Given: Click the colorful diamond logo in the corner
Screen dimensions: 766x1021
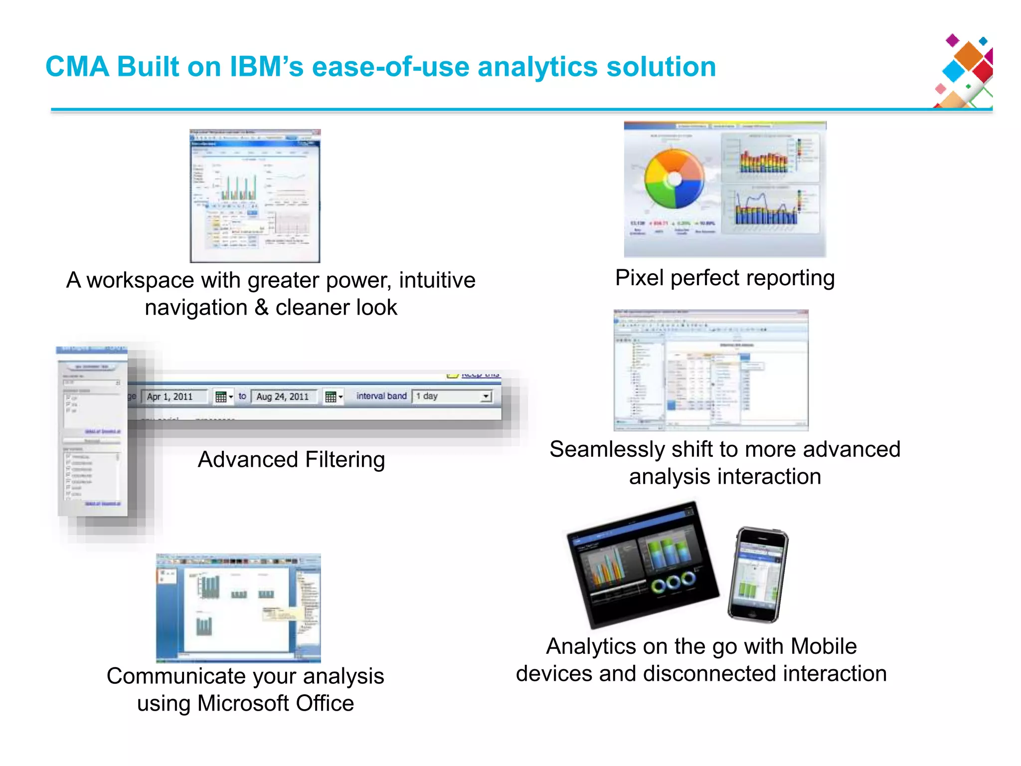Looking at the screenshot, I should point(965,71).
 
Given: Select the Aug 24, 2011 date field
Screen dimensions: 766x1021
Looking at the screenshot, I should point(283,396).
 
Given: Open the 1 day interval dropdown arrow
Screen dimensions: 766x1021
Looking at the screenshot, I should point(486,396).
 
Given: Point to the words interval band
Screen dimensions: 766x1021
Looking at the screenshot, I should point(381,396).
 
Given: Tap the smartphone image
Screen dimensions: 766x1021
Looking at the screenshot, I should point(758,575).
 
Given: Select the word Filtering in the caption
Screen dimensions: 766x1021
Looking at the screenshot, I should point(345,460).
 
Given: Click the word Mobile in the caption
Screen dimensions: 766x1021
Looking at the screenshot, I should point(824,646).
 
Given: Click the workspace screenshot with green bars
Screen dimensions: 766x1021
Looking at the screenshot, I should point(255,196).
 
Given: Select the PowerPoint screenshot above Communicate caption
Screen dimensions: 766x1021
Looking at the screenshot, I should point(238,607).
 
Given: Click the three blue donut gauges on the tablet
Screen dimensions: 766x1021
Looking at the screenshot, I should point(673,582).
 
